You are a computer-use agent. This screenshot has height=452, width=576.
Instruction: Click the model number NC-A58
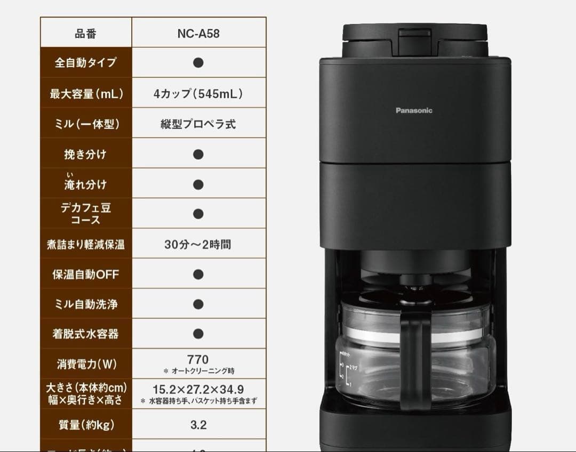click(x=198, y=33)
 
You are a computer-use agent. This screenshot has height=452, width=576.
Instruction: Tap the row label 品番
click(x=86, y=33)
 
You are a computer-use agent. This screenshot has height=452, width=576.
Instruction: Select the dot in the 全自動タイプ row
click(x=198, y=62)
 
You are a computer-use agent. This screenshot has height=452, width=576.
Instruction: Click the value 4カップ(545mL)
click(x=198, y=94)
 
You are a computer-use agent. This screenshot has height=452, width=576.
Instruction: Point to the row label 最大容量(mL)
click(x=86, y=94)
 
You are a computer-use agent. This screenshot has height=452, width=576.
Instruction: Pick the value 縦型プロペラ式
click(x=198, y=124)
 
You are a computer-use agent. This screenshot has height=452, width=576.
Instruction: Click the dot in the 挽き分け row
click(x=198, y=155)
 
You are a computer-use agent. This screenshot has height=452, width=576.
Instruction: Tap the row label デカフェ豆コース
click(x=86, y=213)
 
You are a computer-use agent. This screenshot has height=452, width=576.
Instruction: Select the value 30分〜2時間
click(x=198, y=245)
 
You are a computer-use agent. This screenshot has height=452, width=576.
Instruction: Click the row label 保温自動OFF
click(x=86, y=275)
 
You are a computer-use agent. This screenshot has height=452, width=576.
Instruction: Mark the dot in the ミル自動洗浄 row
click(x=198, y=304)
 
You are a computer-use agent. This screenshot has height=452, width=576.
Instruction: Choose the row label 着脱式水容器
click(x=86, y=334)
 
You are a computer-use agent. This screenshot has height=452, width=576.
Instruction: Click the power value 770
click(x=198, y=359)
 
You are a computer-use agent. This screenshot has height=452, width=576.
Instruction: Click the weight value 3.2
click(x=198, y=425)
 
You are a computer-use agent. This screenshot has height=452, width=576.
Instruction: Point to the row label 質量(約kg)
click(x=86, y=425)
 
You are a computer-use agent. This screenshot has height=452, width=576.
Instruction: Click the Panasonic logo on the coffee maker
click(x=414, y=111)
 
